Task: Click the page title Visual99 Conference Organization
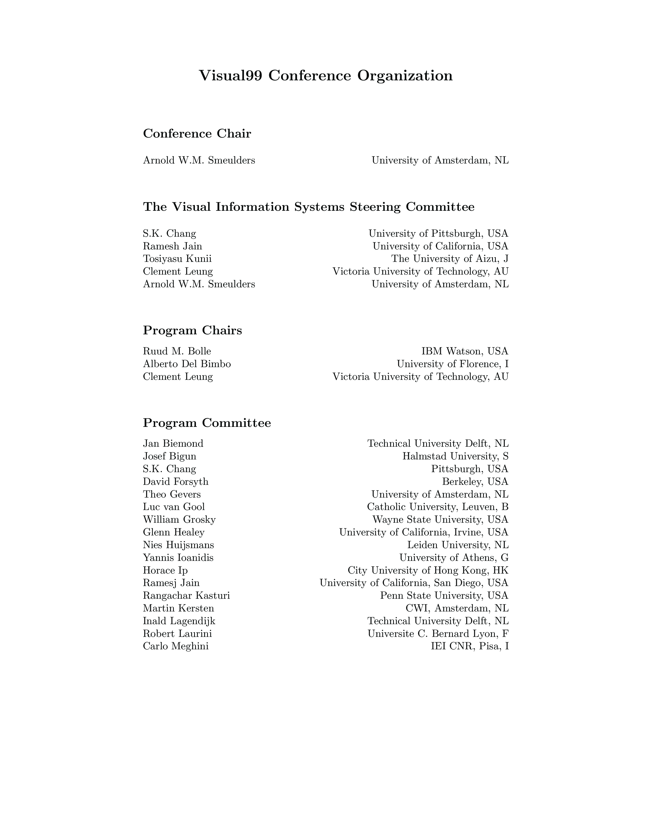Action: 326,76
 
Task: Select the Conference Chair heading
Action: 197,134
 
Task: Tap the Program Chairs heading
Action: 192,330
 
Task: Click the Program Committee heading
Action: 207,423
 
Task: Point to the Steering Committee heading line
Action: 309,207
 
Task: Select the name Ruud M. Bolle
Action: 177,351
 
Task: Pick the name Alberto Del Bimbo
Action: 187,364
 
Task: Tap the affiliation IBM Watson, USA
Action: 465,351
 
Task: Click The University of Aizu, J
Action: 450,259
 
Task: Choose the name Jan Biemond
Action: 173,444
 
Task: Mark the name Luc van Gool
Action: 174,507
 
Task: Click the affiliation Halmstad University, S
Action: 455,456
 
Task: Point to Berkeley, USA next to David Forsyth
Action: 475,482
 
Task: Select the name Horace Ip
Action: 165,571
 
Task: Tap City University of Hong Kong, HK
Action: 428,571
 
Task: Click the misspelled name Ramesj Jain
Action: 171,583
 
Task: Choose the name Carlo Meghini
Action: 176,647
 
